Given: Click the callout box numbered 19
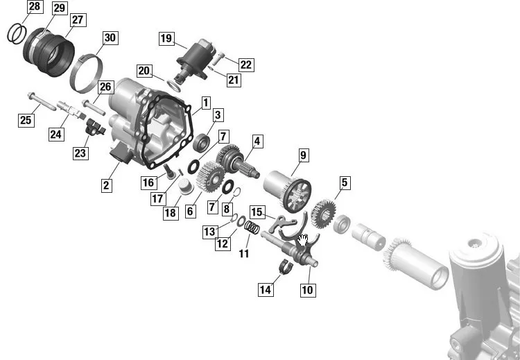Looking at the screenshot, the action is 166,38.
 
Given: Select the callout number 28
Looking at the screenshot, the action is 35,6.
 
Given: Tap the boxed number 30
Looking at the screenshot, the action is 110,38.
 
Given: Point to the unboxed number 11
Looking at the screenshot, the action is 244,254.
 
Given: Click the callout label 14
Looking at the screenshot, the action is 266,290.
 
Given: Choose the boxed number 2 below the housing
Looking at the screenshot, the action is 106,185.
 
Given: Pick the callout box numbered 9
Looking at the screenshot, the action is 303,155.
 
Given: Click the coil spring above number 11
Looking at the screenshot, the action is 252,228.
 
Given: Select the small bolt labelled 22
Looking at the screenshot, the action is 217,59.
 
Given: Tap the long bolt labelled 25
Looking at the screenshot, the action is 42,102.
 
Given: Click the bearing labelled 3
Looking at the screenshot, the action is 201,143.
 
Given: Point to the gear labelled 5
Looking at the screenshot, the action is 323,214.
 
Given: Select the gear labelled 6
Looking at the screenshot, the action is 210,177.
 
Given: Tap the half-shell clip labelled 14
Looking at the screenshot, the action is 286,267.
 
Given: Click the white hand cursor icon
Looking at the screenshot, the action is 302,240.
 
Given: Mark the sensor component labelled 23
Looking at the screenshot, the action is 95,128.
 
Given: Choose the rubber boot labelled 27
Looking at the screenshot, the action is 49,52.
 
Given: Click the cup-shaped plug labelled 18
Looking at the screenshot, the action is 186,186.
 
